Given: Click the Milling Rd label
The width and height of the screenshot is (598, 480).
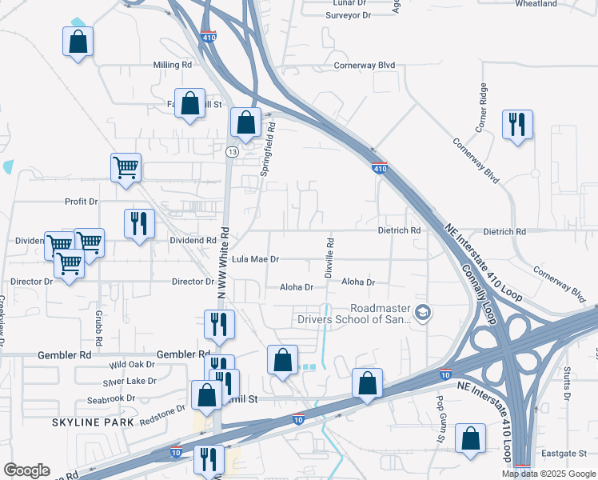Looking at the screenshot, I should (173, 65).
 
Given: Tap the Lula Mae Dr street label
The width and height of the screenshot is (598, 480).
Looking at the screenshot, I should (255, 259).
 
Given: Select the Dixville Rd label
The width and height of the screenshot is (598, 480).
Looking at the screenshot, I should (329, 257).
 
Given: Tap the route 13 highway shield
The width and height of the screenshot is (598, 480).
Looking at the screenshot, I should (232, 151).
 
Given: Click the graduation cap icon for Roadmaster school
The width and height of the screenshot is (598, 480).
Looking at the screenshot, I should (422, 313).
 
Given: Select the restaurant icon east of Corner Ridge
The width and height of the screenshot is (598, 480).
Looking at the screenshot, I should (517, 124).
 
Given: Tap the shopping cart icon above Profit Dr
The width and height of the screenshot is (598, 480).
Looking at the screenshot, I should (126, 167).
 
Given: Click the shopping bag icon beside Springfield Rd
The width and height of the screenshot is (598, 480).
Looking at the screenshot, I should (245, 122).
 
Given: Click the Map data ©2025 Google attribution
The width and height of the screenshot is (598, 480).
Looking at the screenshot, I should (549, 474).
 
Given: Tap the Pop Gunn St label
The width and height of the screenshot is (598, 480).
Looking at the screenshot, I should (440, 409).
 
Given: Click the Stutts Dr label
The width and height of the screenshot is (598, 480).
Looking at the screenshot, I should (566, 384).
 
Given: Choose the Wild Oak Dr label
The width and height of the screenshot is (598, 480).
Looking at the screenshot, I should (132, 364).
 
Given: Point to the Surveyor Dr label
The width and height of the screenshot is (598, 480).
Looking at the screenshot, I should (349, 15).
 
